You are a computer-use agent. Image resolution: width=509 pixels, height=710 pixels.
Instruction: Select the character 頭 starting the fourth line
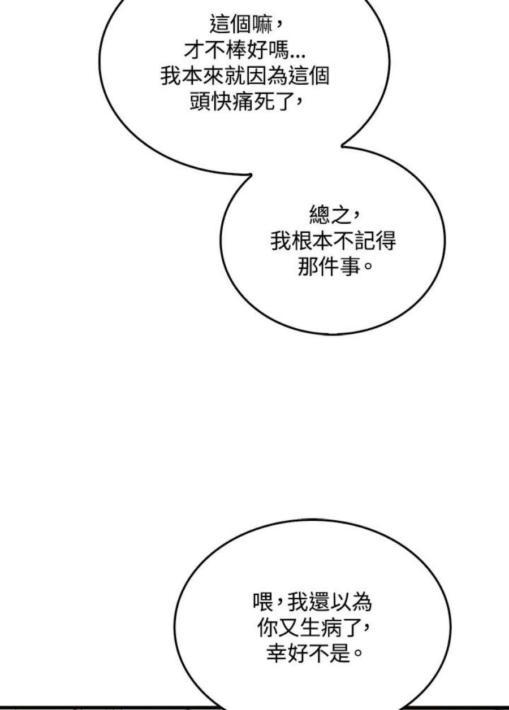[200, 102]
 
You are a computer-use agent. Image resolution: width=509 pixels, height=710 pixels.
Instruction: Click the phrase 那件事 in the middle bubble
[328, 267]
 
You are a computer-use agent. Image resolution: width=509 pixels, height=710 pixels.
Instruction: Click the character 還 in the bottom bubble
[317, 603]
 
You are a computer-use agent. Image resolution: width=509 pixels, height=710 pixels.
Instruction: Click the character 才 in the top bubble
[194, 50]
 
